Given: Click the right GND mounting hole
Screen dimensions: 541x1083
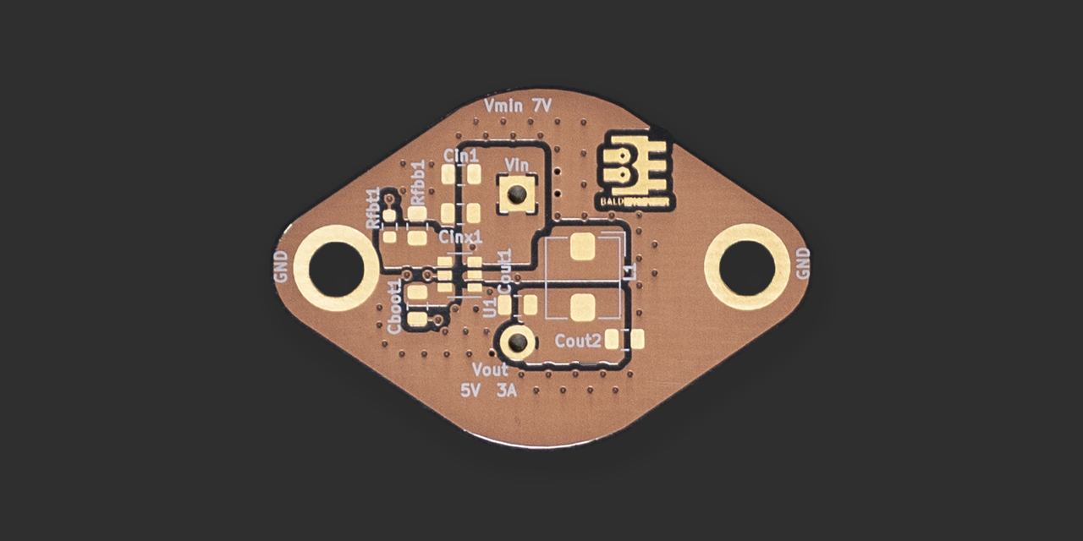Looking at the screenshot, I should coord(747,266).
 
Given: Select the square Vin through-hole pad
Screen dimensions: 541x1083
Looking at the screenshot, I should coord(516,194).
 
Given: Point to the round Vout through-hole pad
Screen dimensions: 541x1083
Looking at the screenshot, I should coord(515,342).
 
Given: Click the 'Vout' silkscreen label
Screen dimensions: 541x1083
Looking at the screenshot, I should coord(491,370).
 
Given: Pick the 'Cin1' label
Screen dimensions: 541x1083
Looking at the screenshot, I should coord(461,156).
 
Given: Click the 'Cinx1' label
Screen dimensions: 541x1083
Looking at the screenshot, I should coord(460,237).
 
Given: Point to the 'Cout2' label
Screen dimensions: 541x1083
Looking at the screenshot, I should coord(578,340).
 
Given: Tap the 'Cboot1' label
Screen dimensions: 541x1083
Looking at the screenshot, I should coord(394,307).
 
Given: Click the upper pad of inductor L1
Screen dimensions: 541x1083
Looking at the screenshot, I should coord(583,246).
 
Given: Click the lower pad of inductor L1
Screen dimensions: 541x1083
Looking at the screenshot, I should coord(583,307).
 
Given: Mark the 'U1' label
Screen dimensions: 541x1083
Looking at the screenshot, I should coord(489,306).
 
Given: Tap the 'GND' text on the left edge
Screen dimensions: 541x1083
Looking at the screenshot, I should coord(282,266).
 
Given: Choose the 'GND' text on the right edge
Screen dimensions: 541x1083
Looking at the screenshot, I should coord(803,264).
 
